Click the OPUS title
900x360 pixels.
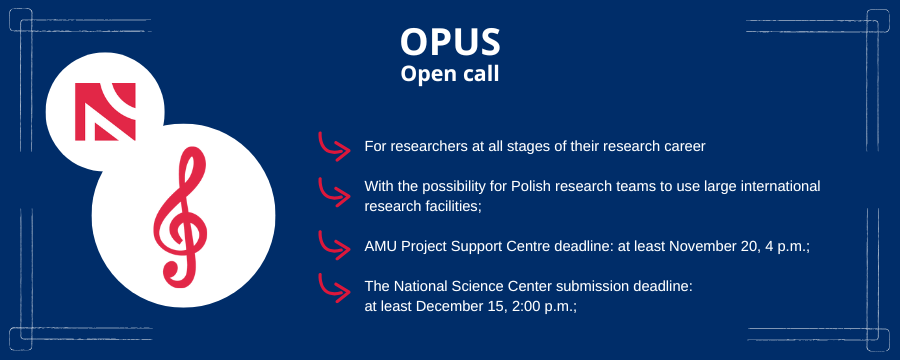[450, 42]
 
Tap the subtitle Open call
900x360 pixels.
[450, 74]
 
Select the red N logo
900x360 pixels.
[106, 111]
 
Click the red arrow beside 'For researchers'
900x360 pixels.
[334, 146]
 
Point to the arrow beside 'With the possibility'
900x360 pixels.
[334, 192]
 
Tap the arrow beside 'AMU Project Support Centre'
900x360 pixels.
[334, 246]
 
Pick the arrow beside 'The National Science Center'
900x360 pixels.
[334, 289]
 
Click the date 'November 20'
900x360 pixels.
[713, 246]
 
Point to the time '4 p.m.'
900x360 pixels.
[784, 247]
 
